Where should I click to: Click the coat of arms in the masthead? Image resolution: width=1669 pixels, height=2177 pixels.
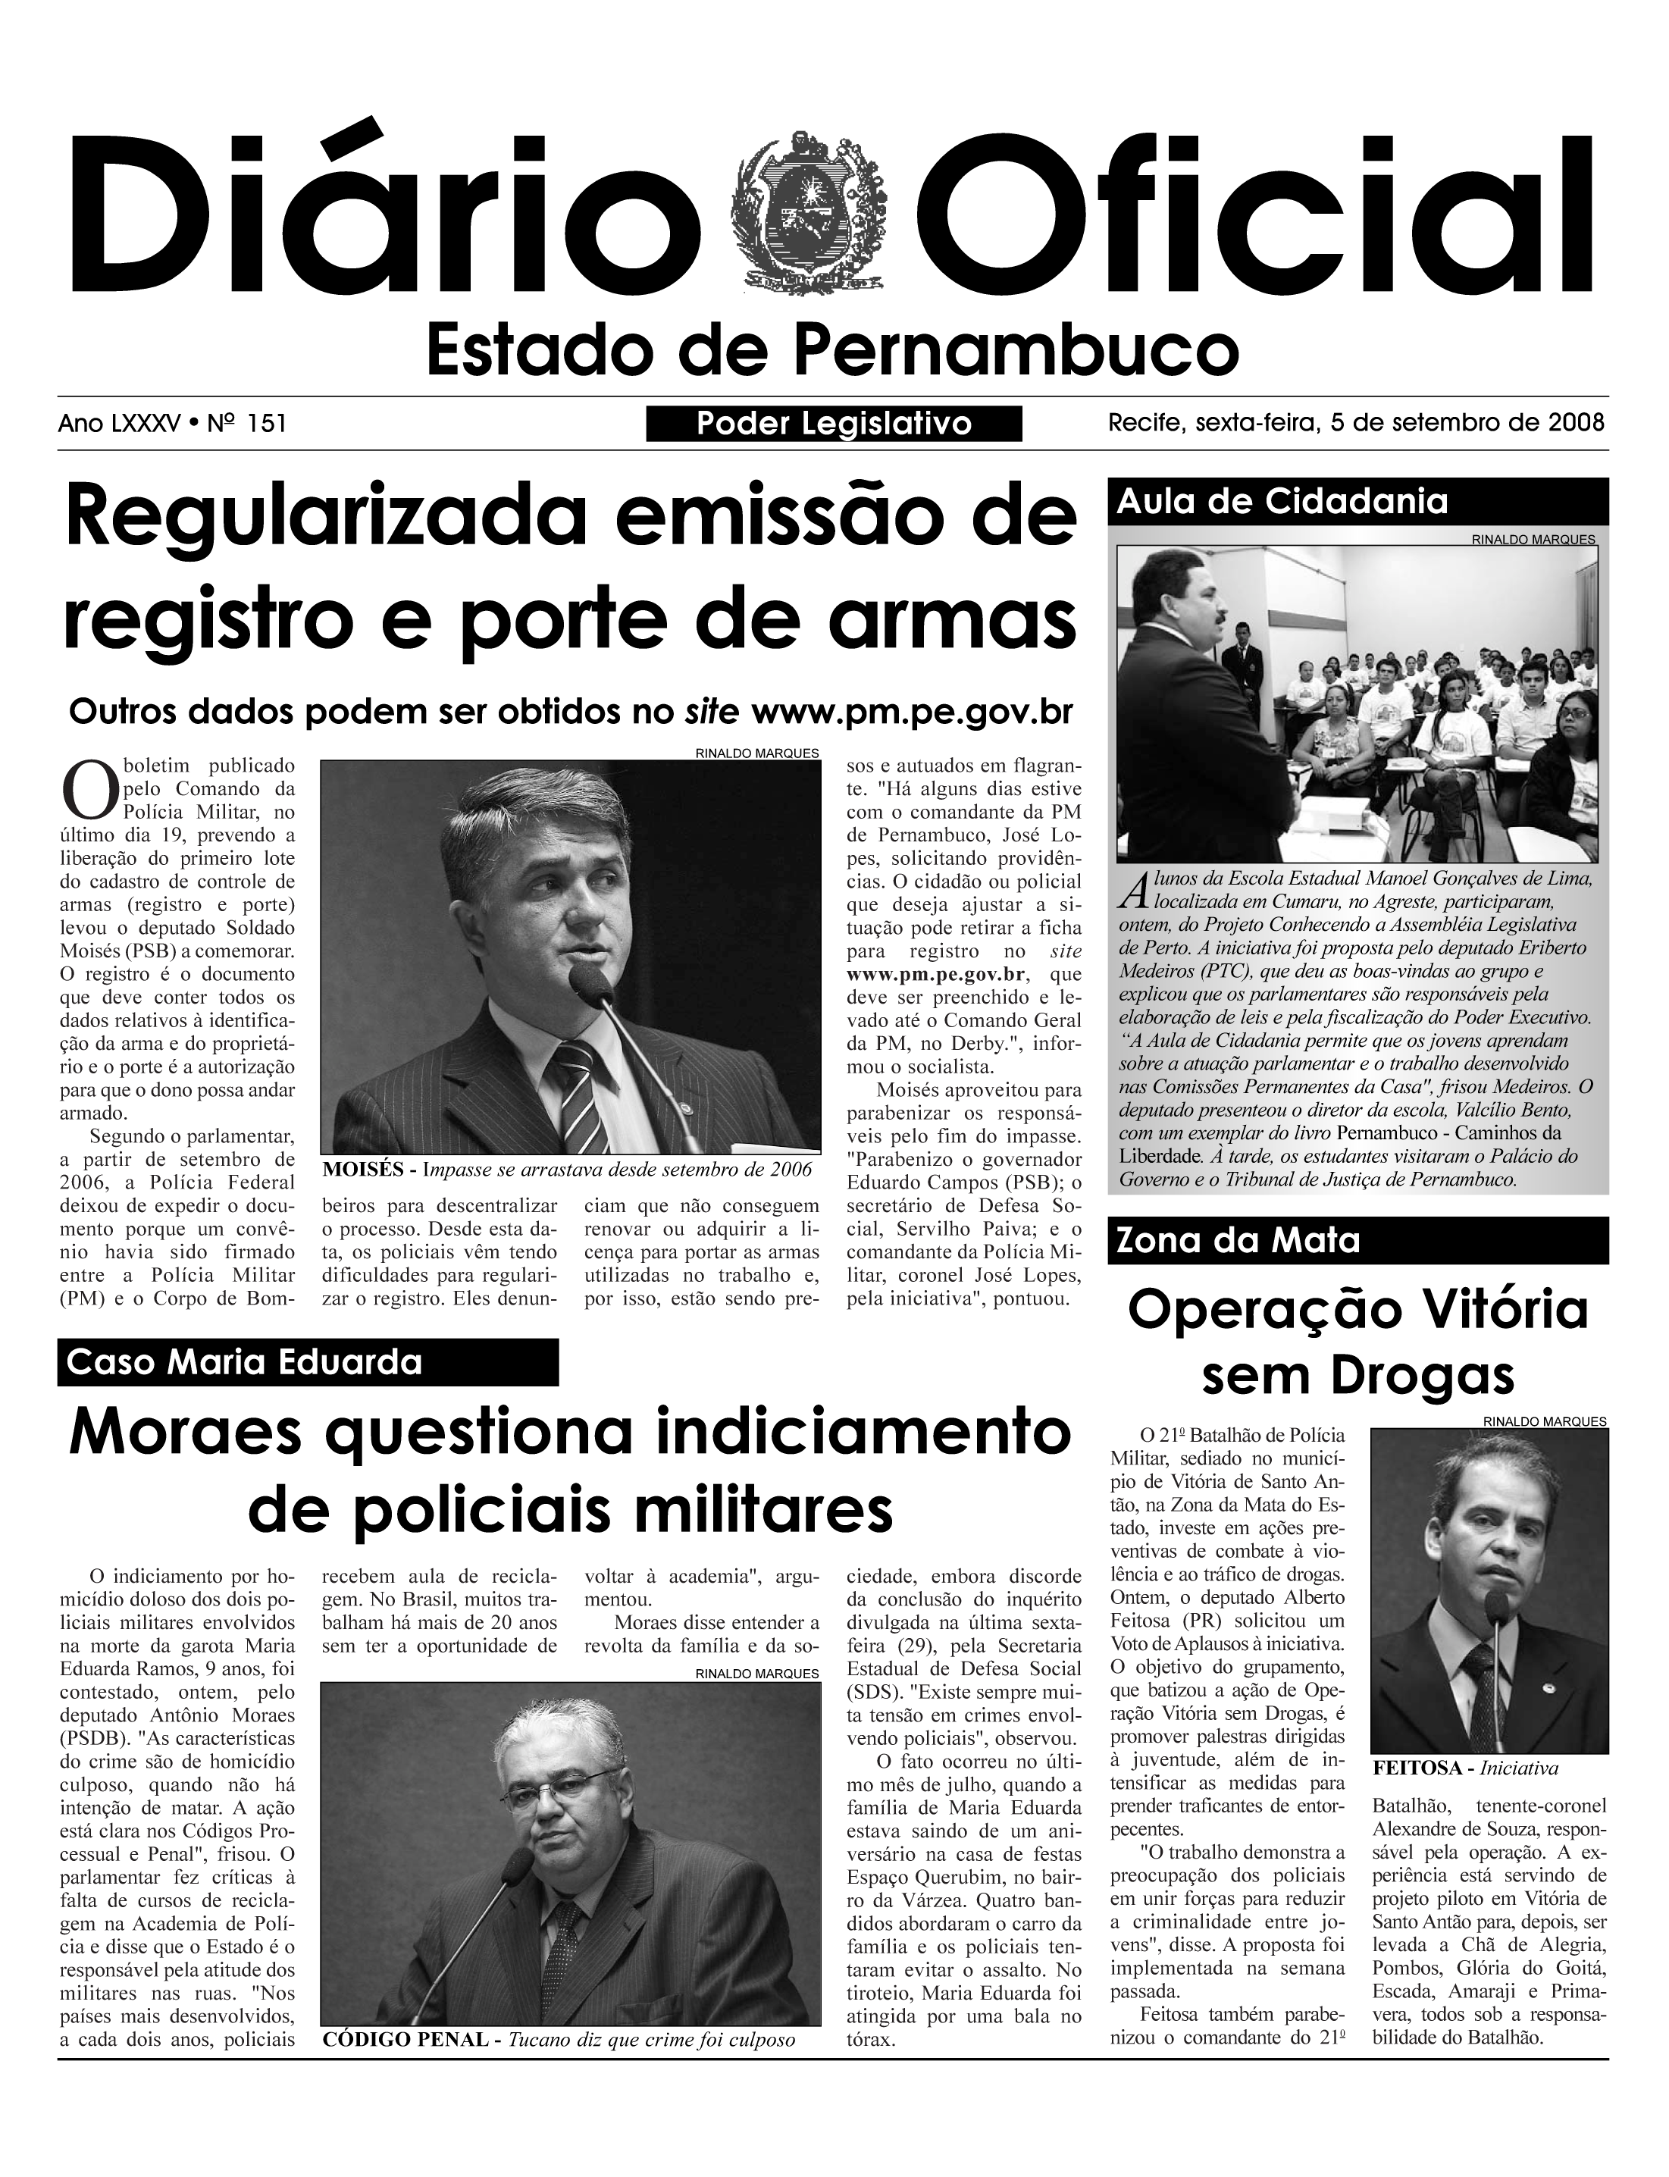[x=806, y=213]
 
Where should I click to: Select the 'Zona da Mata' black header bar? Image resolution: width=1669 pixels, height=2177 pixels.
[x=1357, y=1241]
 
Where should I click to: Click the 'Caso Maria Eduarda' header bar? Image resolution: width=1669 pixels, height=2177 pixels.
[x=308, y=1362]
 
